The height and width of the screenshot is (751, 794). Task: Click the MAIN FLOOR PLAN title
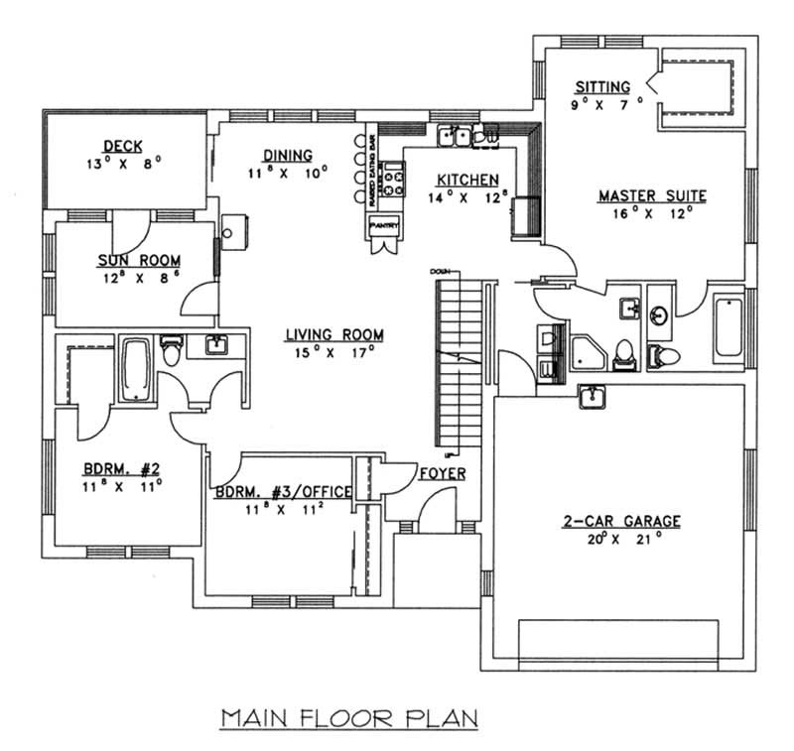coord(348,717)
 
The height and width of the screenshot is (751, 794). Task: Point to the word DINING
coord(288,155)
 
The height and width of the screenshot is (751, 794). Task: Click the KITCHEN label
coord(466,180)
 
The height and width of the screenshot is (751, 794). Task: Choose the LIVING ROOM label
coord(333,334)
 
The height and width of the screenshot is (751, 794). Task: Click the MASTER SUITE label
coord(652,195)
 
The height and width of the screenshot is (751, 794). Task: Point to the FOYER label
coord(443,474)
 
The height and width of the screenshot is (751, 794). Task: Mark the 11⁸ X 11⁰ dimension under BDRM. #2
coord(122,485)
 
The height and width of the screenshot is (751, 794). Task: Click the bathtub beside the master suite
coord(728,325)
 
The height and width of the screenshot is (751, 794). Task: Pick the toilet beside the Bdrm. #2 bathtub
coord(171,350)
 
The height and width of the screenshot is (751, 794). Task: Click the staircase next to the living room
coord(458,362)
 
